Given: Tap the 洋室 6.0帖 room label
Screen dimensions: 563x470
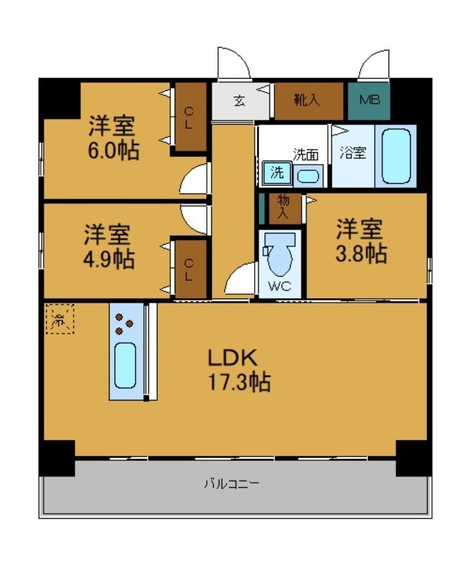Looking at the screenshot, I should [113, 139].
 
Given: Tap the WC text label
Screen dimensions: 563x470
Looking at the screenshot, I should [280, 287].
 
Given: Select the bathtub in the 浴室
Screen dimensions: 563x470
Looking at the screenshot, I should [395, 156].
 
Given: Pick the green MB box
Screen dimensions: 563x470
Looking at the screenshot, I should [369, 101].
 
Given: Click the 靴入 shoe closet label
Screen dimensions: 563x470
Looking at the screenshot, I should [307, 100].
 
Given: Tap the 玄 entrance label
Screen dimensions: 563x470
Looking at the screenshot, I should [240, 101].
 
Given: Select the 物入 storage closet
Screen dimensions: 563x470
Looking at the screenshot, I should [284, 207].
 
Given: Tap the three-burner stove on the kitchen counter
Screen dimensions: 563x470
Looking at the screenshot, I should [125, 323].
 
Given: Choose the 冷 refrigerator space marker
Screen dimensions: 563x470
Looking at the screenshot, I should [59, 319].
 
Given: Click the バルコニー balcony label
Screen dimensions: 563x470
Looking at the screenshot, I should [231, 484].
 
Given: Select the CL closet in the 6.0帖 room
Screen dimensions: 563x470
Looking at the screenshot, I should [189, 117].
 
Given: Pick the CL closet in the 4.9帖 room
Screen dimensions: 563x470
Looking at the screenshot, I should [189, 269].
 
